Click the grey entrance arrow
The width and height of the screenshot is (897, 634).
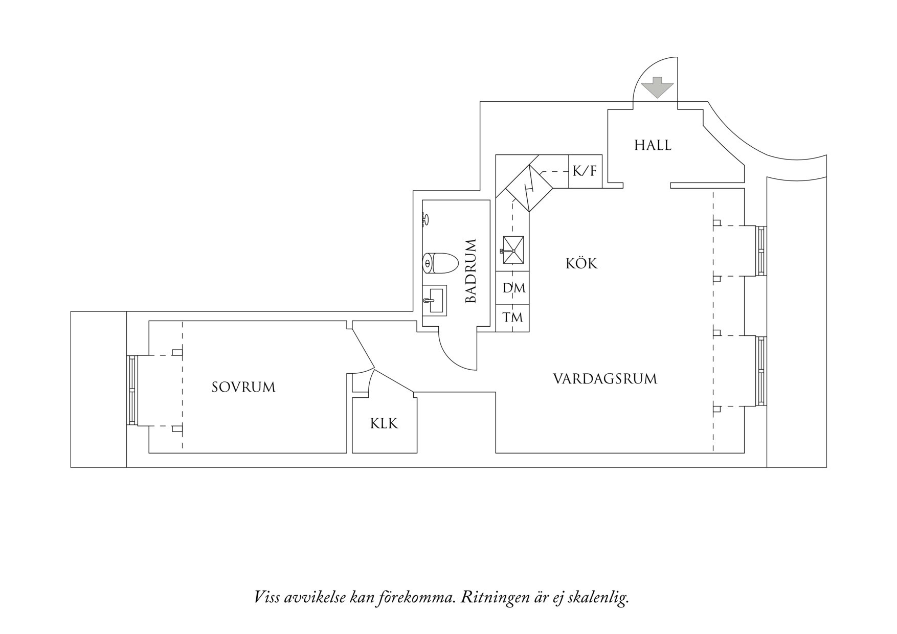pos(657,87)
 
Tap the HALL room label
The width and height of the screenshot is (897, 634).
pos(653,145)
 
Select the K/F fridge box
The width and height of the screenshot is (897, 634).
pos(585,171)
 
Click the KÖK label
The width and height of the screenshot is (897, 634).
pos(581,264)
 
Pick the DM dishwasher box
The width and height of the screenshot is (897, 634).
pos(513,288)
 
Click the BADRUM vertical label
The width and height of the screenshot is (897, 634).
pos(471,271)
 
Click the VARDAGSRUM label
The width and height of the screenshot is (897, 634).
pos(605,379)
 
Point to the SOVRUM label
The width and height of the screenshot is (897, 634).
pos(243,387)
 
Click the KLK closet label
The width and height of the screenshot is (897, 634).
pos(384,424)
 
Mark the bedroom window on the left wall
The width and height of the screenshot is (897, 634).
pos(132,390)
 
